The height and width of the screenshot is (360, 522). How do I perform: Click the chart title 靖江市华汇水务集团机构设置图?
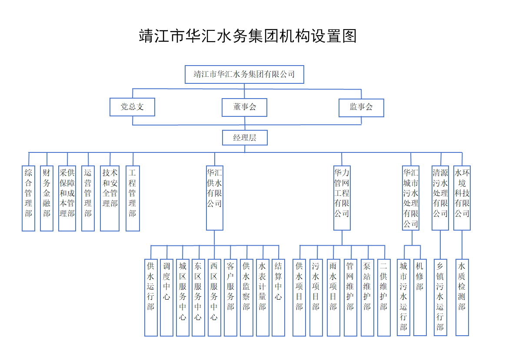point(248,36)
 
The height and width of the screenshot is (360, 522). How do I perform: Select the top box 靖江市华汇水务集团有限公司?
point(244,74)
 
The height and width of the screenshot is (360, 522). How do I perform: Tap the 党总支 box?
point(132,107)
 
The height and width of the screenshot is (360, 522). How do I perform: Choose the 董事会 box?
point(244,107)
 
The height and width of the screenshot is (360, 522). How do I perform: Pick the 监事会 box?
point(361,107)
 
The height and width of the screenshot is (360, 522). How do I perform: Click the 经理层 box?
point(244,138)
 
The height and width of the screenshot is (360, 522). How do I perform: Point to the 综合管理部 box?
point(29,198)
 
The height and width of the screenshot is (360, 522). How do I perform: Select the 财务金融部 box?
point(47,198)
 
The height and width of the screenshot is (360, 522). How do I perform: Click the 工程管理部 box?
point(133,198)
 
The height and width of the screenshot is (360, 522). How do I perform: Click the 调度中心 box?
point(166,297)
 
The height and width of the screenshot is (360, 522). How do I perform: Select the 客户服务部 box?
point(230,297)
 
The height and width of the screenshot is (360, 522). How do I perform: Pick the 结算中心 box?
point(278,297)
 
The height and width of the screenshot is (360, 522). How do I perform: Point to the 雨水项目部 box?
point(333,297)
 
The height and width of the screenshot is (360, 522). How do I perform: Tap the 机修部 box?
point(420,297)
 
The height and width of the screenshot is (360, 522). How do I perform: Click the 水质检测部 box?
point(462,297)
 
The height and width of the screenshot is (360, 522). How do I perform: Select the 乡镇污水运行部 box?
point(440,297)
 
